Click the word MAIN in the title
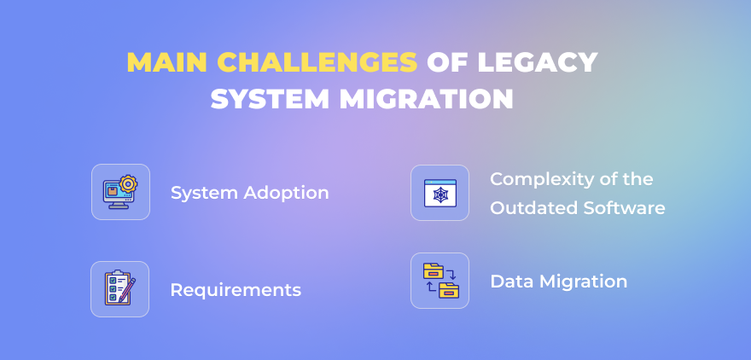166,62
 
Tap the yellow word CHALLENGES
317,62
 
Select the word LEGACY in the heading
538,62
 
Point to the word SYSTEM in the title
271,100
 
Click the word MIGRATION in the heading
427,100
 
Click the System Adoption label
249,194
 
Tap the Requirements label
236,290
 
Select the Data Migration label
558,282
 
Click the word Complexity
545,180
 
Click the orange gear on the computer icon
128,183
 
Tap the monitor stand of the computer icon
119,205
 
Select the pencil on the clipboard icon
127,290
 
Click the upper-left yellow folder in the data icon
433,271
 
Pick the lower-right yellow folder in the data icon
449,290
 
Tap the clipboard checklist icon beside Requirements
119,288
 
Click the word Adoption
286,194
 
